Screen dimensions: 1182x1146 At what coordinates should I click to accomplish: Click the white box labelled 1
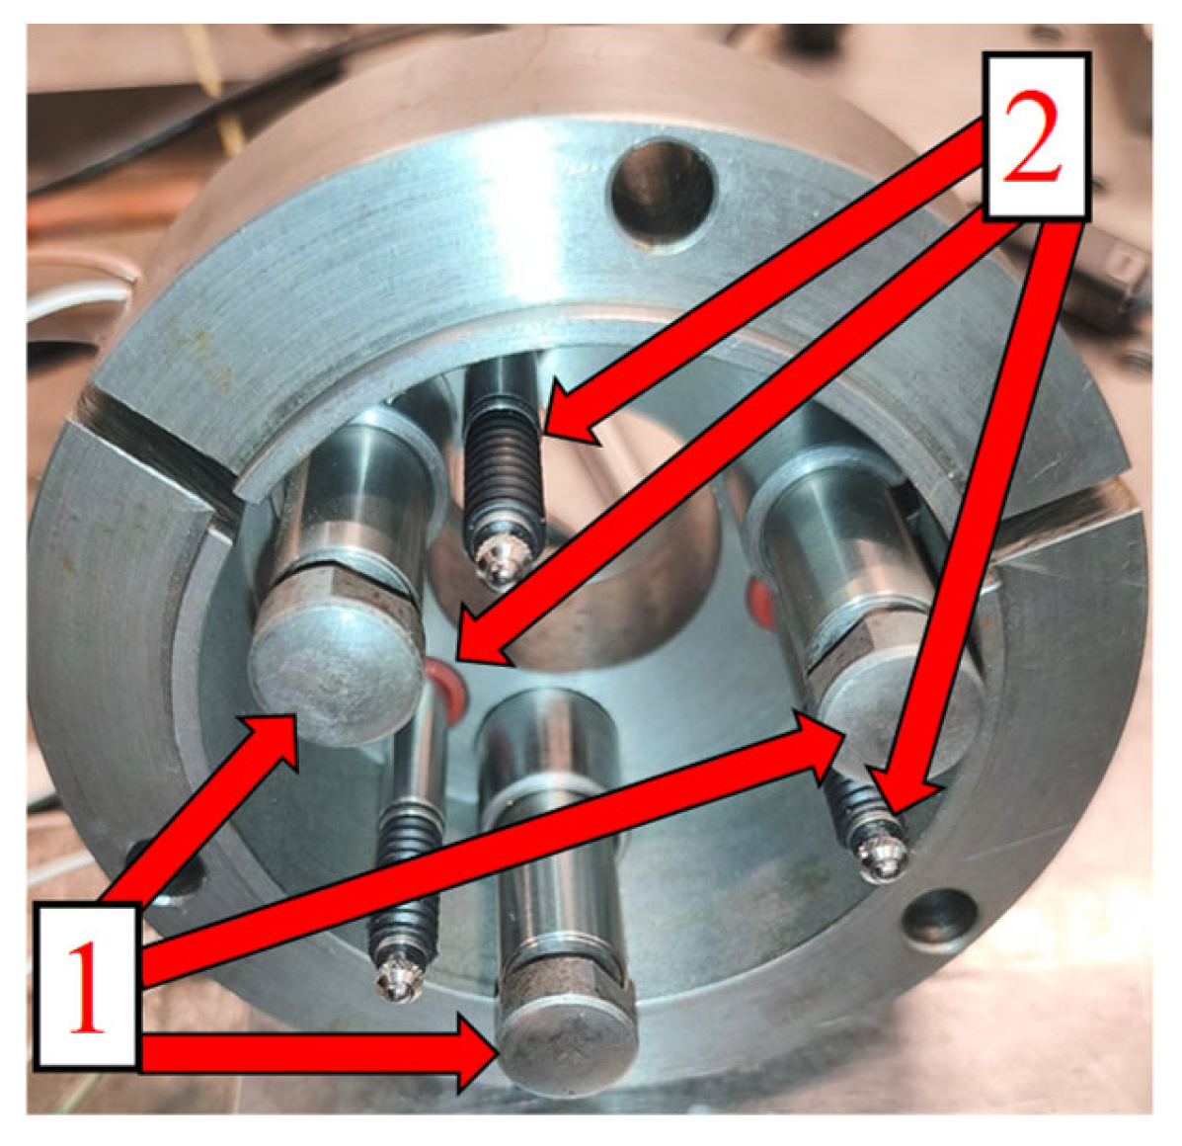pos(86,984)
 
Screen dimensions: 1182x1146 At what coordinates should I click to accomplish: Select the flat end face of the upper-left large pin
pos(337,676)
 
